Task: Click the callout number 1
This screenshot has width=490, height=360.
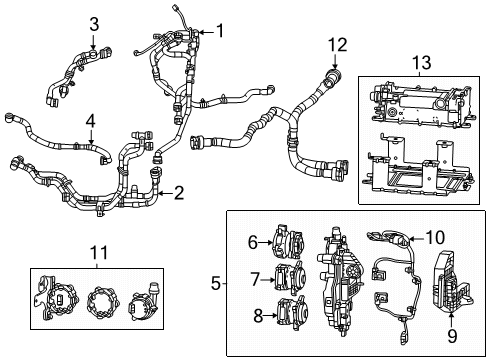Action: click(221, 30)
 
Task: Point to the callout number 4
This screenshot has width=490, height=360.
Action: click(90, 122)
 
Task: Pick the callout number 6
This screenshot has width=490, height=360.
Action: click(252, 240)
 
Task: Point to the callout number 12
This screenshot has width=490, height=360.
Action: click(339, 44)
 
